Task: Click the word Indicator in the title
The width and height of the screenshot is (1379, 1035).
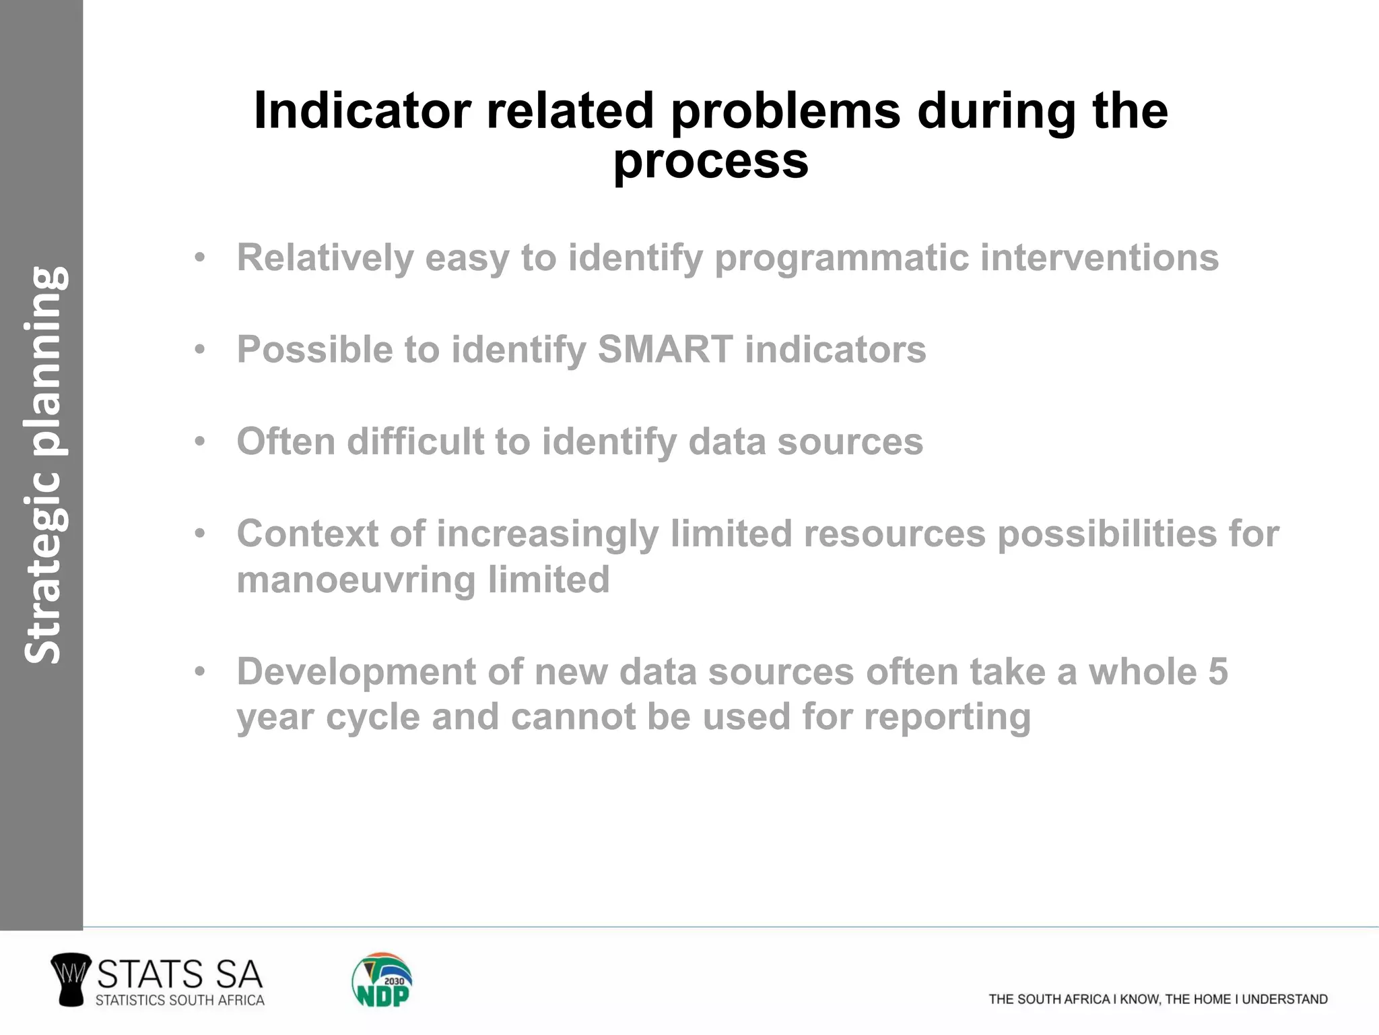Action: [x=362, y=111]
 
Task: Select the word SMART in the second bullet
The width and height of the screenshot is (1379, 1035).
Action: [x=665, y=350]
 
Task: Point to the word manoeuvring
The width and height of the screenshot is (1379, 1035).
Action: [x=356, y=580]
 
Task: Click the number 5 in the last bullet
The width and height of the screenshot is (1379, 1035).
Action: [x=1217, y=672]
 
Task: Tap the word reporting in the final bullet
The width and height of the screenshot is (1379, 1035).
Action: [x=947, y=717]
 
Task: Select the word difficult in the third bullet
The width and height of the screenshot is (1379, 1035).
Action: [x=415, y=442]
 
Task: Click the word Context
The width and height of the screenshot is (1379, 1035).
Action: [x=307, y=534]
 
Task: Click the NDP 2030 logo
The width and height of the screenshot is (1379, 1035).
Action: [x=382, y=980]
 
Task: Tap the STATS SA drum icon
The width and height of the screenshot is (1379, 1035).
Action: [x=70, y=980]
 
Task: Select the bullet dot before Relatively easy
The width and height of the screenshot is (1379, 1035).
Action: [x=199, y=259]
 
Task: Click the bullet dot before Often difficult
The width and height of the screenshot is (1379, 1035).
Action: [x=199, y=443]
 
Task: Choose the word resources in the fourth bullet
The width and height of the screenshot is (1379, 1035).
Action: [x=894, y=534]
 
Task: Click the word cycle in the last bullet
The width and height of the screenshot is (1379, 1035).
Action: [x=373, y=717]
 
